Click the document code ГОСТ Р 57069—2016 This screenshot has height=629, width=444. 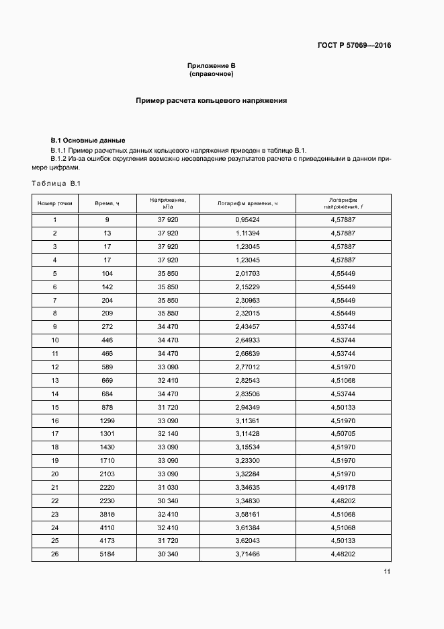coord(353,46)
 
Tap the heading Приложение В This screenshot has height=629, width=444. coord(211,65)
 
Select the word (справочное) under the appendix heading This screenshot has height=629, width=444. coord(211,73)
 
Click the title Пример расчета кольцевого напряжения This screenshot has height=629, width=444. coord(211,100)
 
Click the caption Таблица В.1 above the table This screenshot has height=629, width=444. coord(56,184)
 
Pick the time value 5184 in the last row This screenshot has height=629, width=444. coord(107,554)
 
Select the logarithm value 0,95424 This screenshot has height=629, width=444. coord(247,220)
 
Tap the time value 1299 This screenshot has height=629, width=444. coord(107,420)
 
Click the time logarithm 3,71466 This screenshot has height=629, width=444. coord(247,554)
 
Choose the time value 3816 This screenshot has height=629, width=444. coord(107,514)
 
